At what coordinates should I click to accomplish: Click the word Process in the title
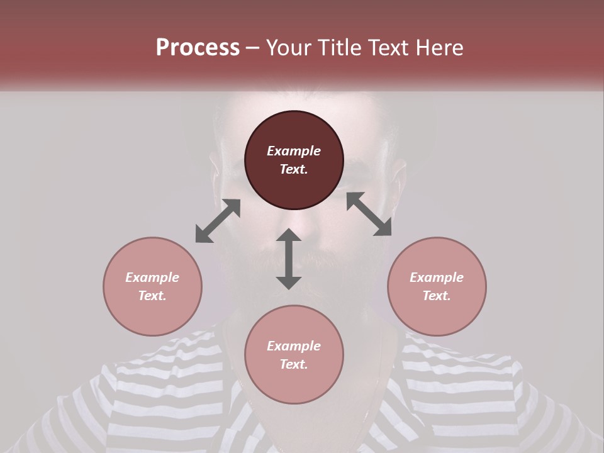point(198,48)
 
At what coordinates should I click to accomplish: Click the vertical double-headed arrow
point(289,259)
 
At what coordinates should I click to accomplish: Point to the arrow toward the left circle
point(218,221)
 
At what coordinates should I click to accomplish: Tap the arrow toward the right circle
point(369,214)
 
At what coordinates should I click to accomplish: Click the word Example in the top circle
point(294,151)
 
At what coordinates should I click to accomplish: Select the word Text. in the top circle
point(294,169)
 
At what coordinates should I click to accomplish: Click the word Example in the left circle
point(152,277)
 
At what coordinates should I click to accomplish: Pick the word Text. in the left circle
point(152,296)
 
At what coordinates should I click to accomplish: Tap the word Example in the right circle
point(437,277)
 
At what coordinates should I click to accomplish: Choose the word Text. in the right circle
point(437,296)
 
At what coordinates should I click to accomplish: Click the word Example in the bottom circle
point(294,346)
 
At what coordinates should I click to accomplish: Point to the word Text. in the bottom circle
point(294,364)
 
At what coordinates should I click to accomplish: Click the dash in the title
point(253,48)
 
